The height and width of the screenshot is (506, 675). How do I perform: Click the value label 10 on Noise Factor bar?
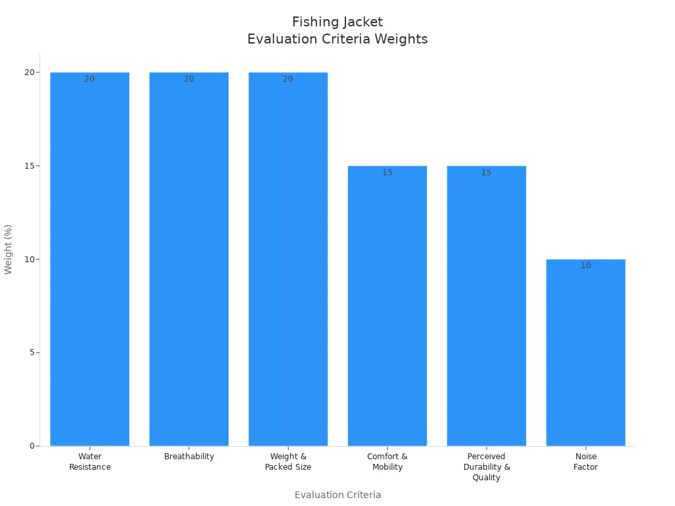click(586, 266)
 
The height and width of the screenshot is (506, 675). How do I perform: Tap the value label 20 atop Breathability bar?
click(189, 79)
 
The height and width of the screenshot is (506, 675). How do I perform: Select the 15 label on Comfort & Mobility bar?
click(388, 173)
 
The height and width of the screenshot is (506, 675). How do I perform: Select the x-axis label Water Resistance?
click(90, 462)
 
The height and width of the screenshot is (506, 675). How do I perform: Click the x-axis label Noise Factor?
click(585, 462)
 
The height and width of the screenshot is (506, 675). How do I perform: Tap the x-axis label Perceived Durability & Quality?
click(486, 467)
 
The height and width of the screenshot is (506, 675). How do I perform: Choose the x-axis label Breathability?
click(189, 457)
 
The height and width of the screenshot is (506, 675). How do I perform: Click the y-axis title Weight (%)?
click(9, 249)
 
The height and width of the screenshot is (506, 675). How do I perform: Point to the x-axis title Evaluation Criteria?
click(337, 495)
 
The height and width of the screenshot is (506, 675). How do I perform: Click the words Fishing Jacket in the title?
click(337, 22)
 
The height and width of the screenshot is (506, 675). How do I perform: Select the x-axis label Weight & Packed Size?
click(288, 462)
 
